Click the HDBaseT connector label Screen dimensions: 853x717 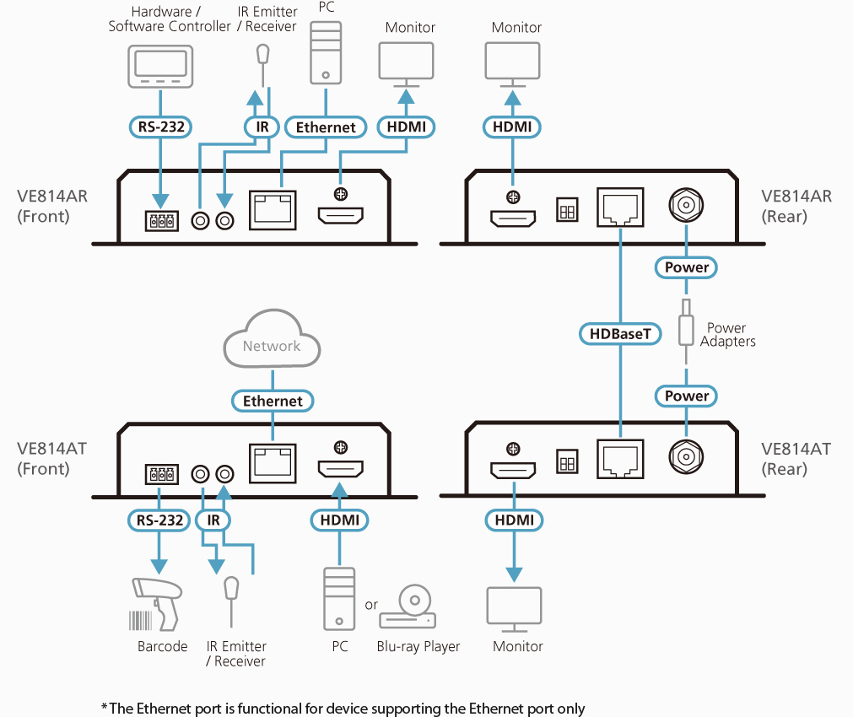coord(620,333)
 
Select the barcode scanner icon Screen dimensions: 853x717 coord(156,605)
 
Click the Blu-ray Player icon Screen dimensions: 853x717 coord(408,607)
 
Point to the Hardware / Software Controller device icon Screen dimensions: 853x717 coord(160,67)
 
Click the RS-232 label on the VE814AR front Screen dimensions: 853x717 coord(160,127)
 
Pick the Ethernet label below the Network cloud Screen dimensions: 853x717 coord(273,401)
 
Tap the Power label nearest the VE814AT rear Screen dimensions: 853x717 coord(686,396)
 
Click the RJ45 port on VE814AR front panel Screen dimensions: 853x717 coord(273,210)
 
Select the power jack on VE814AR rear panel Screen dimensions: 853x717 coord(686,205)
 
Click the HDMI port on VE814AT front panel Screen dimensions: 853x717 coord(341,468)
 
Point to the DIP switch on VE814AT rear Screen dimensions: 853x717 coord(567,462)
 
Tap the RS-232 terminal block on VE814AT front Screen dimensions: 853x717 coord(161,474)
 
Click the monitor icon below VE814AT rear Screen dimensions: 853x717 coord(514,609)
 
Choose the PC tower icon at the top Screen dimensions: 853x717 coord(326,53)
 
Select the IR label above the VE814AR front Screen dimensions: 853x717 coord(262,127)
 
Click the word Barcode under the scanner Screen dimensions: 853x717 coord(162,646)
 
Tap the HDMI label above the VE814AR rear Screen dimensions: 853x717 coord(512,127)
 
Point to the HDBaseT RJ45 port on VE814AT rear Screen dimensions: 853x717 coord(620,459)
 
